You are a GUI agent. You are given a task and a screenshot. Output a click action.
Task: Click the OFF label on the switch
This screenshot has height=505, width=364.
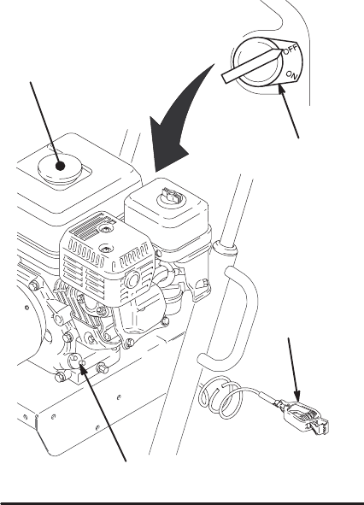(x=291, y=50)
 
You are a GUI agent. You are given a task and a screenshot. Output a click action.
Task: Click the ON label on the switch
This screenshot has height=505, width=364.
(x=292, y=75)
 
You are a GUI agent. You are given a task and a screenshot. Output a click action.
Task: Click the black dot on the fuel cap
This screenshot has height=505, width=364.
(x=60, y=166)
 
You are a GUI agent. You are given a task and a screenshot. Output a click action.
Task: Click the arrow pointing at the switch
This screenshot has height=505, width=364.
(x=289, y=111)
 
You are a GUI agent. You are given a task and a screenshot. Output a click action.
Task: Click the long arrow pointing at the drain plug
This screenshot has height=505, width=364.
(x=103, y=413)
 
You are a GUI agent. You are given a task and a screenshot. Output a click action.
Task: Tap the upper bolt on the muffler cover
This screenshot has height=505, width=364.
(x=106, y=229)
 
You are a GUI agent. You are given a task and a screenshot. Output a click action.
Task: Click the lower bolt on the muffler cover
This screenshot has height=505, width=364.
(x=106, y=249)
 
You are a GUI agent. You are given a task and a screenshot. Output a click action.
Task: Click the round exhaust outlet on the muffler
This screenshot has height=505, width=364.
(x=132, y=278)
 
